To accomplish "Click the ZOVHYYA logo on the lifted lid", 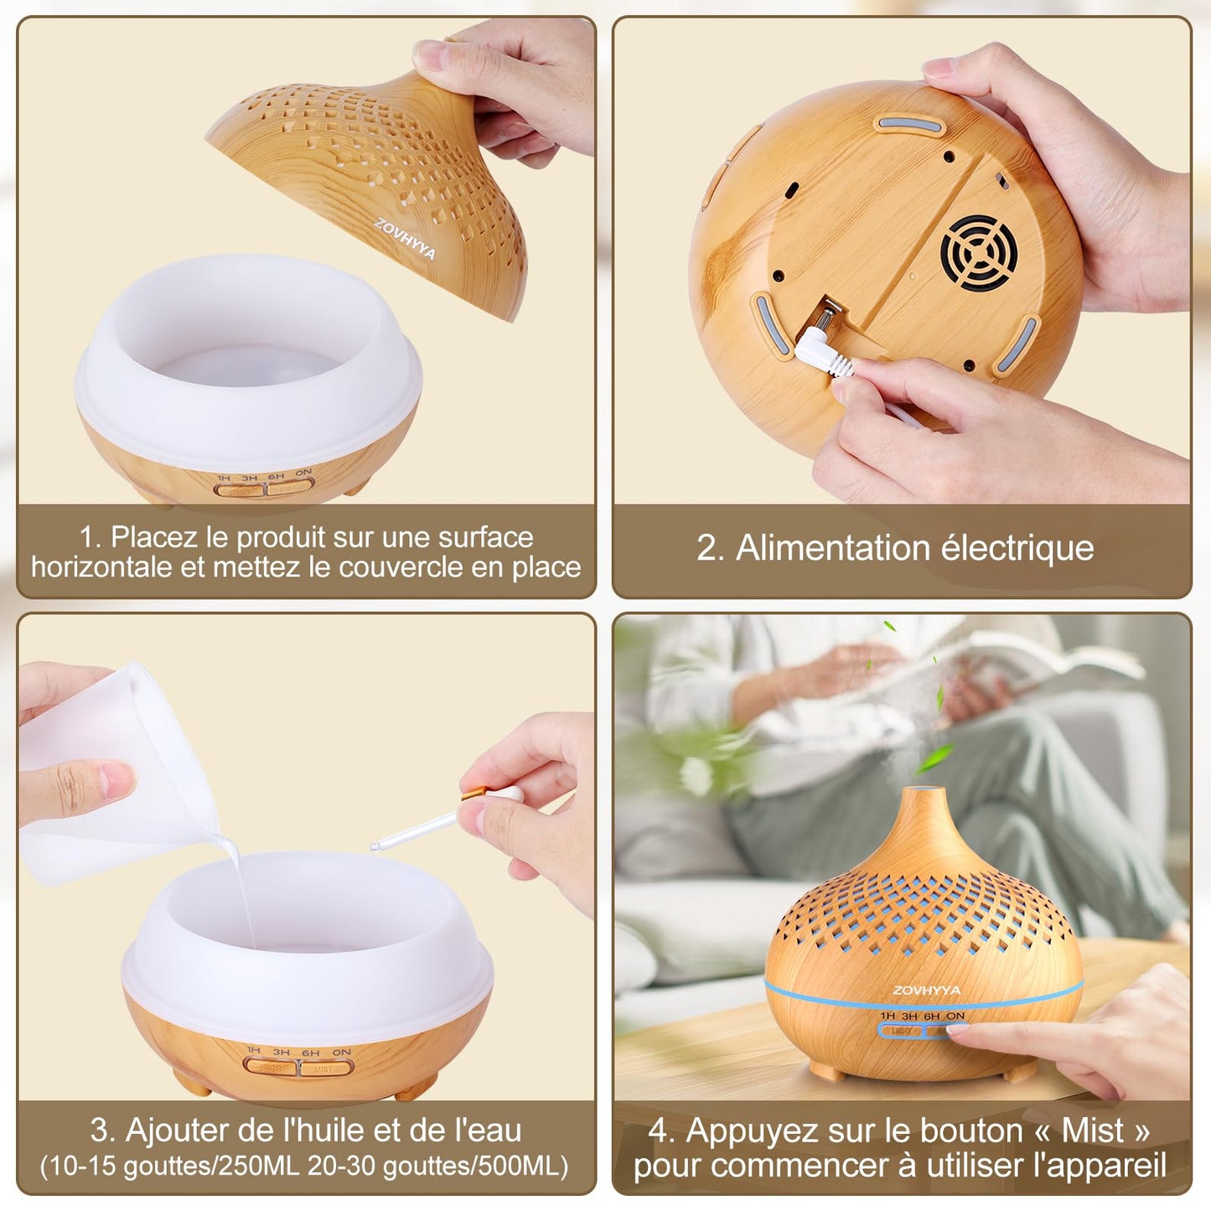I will (x=405, y=240).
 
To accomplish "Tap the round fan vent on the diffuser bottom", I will (x=979, y=253).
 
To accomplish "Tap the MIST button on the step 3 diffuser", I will (x=325, y=1069).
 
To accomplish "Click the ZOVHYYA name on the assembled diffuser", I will (x=926, y=991).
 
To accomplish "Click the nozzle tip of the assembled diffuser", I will (x=925, y=791).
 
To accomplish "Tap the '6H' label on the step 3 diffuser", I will (x=310, y=1053).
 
